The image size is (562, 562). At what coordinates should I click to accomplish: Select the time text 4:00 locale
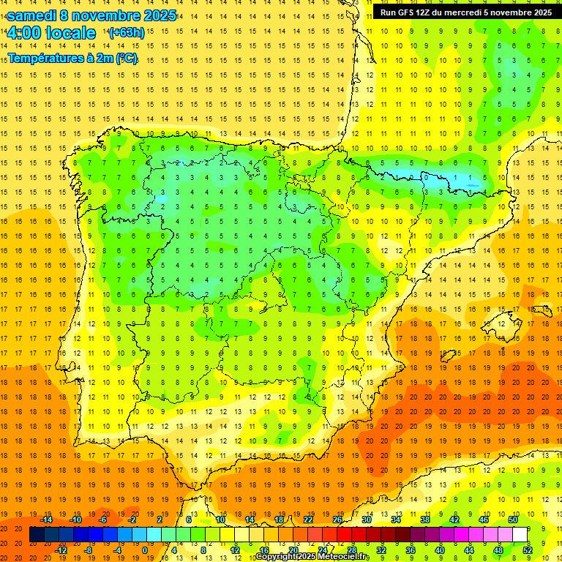[51, 33]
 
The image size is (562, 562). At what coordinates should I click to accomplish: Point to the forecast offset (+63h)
[127, 33]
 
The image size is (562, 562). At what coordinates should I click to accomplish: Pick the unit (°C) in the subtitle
[127, 58]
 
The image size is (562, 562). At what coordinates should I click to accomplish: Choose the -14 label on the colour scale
[47, 520]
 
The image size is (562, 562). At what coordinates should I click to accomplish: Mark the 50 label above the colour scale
[513, 520]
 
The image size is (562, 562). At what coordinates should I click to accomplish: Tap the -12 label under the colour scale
[61, 550]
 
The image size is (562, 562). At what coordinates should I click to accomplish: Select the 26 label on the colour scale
[338, 520]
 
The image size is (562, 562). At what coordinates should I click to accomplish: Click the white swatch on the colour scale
[520, 535]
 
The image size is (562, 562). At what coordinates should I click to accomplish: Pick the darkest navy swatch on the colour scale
[37, 535]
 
